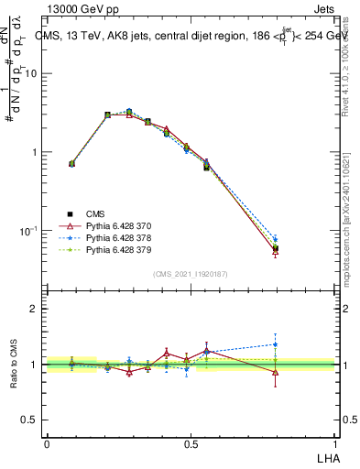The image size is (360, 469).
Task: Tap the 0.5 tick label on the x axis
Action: coord(191,442)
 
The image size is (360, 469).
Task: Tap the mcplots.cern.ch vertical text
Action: coord(352,229)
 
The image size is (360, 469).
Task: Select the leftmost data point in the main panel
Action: coord(72,164)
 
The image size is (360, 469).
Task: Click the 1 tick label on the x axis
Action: coord(335,442)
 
